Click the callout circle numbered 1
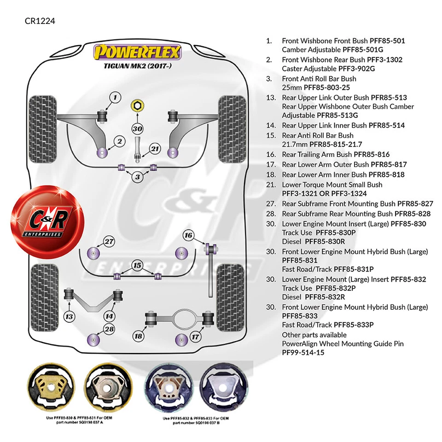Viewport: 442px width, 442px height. click(115, 97)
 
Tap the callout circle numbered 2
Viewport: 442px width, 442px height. click(119, 141)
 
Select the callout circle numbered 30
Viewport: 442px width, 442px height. click(137, 128)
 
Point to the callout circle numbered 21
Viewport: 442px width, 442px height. click(155, 148)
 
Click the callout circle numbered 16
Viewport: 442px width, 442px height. click(188, 235)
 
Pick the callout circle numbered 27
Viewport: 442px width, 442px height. click(109, 241)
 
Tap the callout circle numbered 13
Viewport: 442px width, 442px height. click(70, 316)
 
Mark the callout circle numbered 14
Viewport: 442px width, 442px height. click(109, 316)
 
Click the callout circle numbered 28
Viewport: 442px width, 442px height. click(109, 329)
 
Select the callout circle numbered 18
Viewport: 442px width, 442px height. click(138, 336)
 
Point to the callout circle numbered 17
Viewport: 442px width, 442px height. click(196, 337)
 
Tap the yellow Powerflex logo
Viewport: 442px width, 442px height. click(138, 52)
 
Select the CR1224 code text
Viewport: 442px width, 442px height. click(40, 21)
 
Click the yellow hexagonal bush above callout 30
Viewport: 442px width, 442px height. click(136, 106)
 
